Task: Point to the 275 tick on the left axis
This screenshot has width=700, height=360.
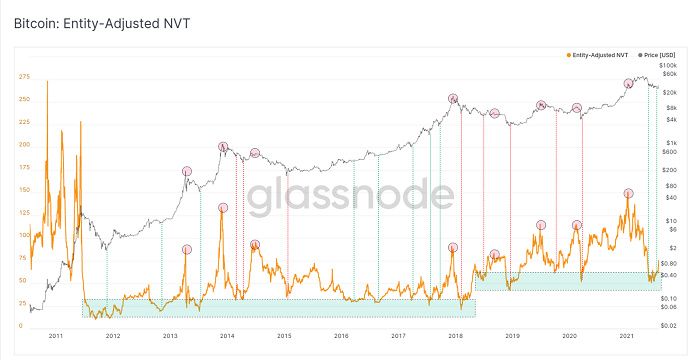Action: pyautogui.click(x=23, y=76)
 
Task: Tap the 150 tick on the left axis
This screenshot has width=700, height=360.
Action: pyautogui.click(x=23, y=190)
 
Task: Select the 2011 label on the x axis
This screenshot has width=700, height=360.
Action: pyautogui.click(x=55, y=337)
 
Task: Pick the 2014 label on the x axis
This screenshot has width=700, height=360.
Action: pyautogui.click(x=227, y=337)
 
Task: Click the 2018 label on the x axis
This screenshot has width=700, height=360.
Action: pyautogui.click(x=456, y=337)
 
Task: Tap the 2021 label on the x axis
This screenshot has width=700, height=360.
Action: pyautogui.click(x=627, y=337)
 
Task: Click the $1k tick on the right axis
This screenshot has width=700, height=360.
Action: pyautogui.click(x=673, y=143)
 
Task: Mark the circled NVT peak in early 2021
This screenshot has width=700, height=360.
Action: pyautogui.click(x=628, y=193)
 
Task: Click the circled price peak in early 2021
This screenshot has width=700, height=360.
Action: pyautogui.click(x=628, y=84)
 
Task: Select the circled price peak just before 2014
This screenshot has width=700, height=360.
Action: pyautogui.click(x=222, y=147)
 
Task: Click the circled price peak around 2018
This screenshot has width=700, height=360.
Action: pyautogui.click(x=453, y=98)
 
